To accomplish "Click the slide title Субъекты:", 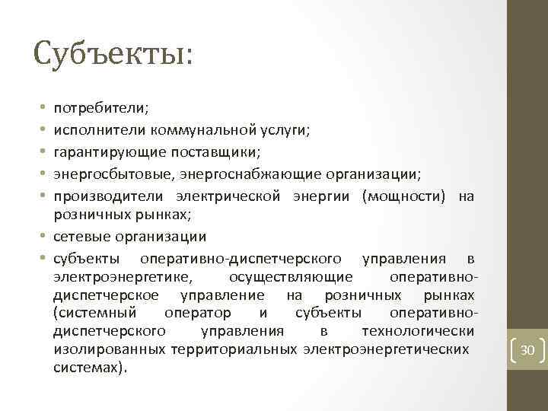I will pyautogui.click(x=113, y=54).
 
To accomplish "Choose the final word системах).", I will pyautogui.click(x=91, y=367).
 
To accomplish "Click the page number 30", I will pyautogui.click(x=527, y=351).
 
